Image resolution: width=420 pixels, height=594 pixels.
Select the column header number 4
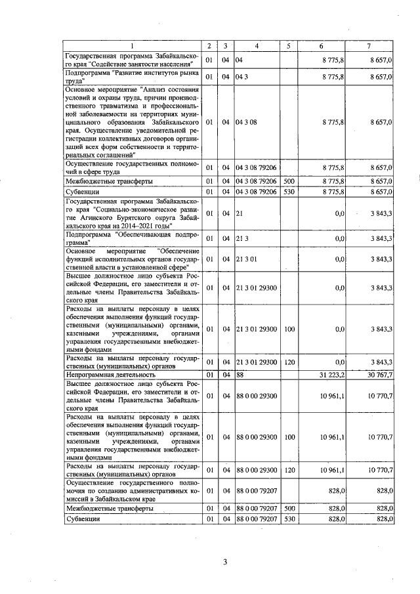click(257, 46)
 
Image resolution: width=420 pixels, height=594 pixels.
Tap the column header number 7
click(370, 46)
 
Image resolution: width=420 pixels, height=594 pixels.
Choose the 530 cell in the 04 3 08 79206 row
click(289, 191)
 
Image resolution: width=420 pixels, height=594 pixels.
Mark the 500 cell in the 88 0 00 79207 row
click(289, 508)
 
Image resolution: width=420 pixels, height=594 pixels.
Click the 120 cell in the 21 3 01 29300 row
click(289, 362)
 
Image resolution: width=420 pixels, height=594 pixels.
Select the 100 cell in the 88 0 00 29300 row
click(289, 436)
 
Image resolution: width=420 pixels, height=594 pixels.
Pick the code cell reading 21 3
click(241, 239)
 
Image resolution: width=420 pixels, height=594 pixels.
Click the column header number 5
click(289, 46)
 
